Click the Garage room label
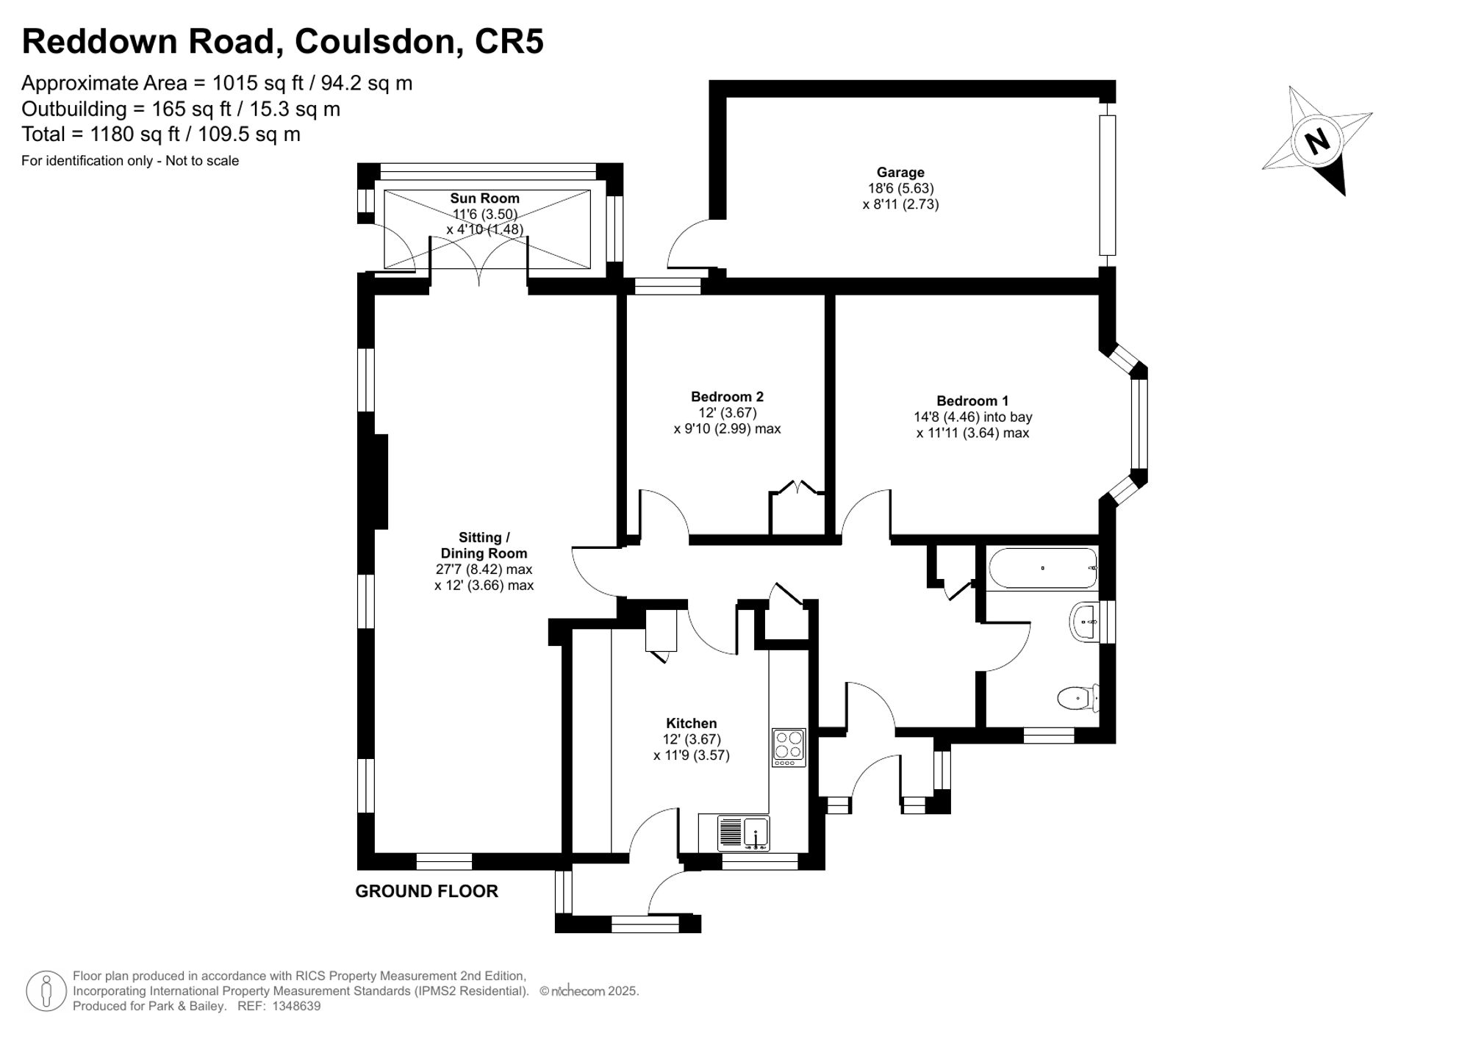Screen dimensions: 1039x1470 [x=900, y=173]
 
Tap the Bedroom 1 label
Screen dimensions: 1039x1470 [x=972, y=400]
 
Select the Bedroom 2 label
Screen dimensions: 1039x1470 [x=726, y=397]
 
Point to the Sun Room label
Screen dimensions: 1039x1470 [x=484, y=198]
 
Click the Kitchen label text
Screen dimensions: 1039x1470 [x=691, y=723]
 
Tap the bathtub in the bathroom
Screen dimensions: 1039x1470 [x=1042, y=568]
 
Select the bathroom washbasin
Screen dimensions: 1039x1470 [x=1085, y=622]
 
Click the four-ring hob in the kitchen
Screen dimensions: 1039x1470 [x=789, y=747]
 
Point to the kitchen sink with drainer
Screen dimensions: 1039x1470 [x=744, y=833]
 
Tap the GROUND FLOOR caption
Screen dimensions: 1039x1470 [x=426, y=891]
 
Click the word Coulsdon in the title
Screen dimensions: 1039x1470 [x=375, y=41]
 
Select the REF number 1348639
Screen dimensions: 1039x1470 [x=296, y=1006]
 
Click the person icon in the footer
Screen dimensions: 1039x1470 [x=46, y=991]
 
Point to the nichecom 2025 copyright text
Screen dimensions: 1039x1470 [x=589, y=991]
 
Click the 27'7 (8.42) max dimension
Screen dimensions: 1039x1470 [x=484, y=569]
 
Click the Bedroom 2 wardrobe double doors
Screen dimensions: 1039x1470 [x=797, y=488]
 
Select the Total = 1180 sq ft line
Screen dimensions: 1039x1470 [x=161, y=134]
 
